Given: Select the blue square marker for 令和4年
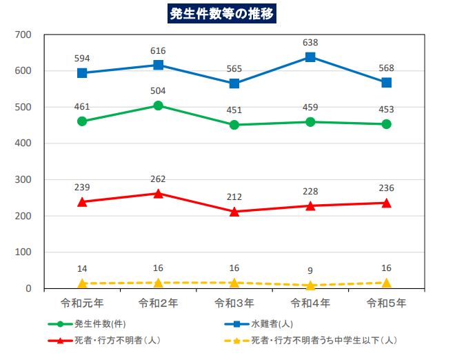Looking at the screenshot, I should coord(310,57).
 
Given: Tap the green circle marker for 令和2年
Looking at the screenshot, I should coord(158,106).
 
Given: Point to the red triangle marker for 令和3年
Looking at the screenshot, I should coord(234,211).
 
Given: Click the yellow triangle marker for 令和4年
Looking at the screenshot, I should coord(310,284).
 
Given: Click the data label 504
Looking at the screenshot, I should coord(158,90).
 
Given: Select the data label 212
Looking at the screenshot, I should coord(234,197).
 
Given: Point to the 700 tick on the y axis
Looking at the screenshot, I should coord(23,34).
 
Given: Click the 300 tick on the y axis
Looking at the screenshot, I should coord(23,180).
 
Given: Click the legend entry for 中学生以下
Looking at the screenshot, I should coord(323,340).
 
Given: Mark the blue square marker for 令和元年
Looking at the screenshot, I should coord(82,73).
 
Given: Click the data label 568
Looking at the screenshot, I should coord(387,67).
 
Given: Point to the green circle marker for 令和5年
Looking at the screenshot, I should coord(387,124).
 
